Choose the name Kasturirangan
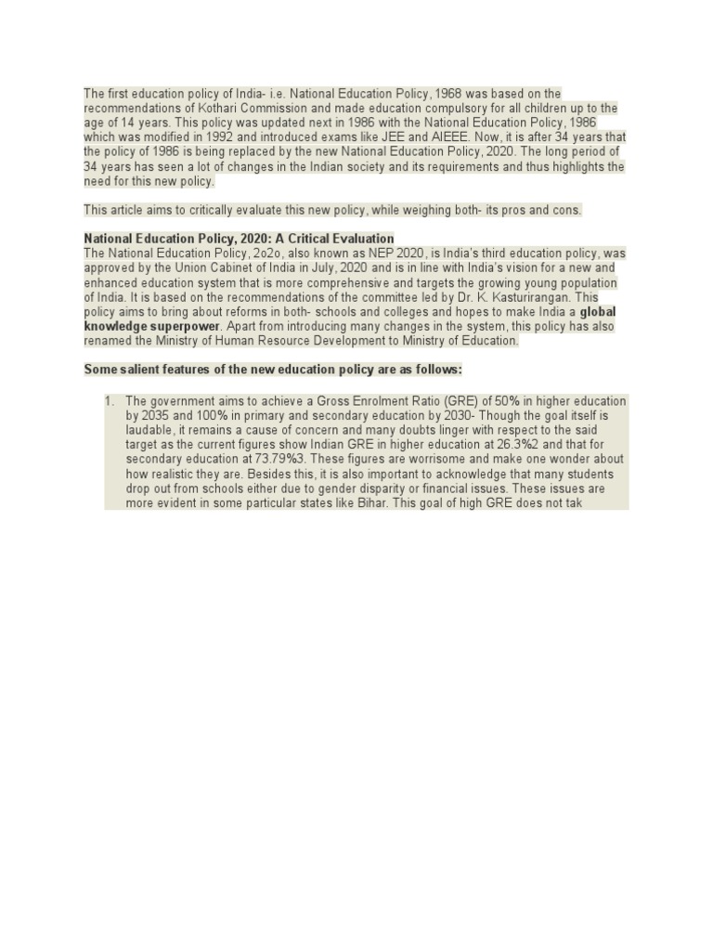523,297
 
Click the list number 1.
107,401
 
